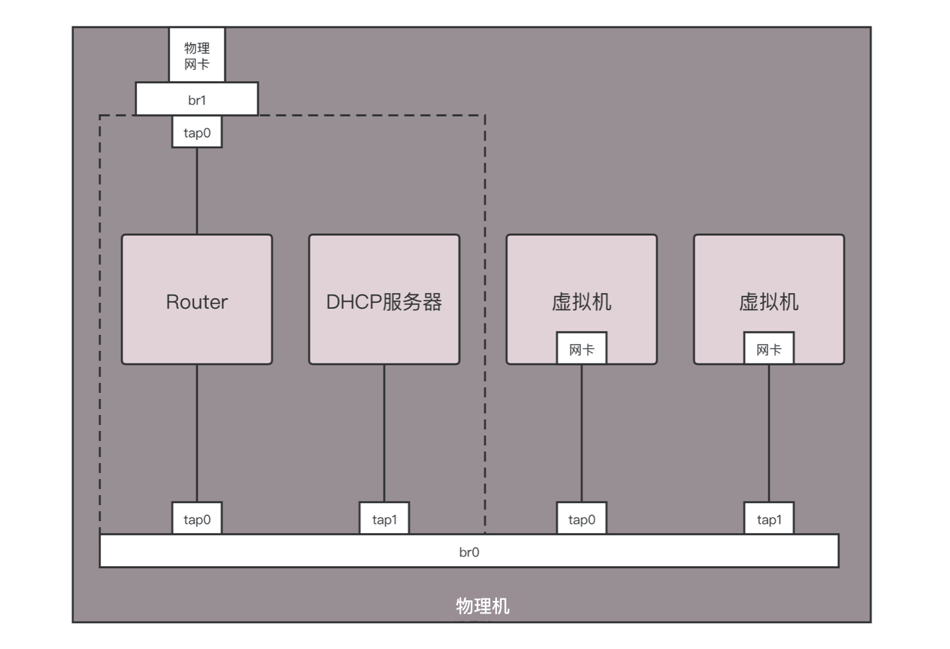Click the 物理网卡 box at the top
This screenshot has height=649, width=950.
(x=196, y=55)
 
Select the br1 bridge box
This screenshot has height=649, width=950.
(x=196, y=99)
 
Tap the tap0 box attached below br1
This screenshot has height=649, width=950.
(x=196, y=132)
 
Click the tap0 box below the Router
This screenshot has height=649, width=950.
(x=196, y=519)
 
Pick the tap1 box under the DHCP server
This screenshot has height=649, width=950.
(x=384, y=519)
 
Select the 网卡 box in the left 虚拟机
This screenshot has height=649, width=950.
(x=581, y=349)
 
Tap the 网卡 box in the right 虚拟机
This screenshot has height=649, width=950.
(x=769, y=349)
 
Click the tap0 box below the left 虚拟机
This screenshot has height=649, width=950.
(x=581, y=519)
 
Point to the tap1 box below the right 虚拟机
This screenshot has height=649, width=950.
(x=769, y=519)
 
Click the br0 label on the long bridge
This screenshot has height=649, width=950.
(x=469, y=552)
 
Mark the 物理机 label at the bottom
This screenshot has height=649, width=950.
(x=482, y=606)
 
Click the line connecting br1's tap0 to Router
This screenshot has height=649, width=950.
(x=196, y=190)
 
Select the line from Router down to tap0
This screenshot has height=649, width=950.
(x=196, y=433)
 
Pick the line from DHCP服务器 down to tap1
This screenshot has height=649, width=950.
(x=384, y=433)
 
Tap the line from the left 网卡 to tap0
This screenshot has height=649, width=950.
(x=581, y=433)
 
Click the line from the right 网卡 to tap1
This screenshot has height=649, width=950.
(x=769, y=433)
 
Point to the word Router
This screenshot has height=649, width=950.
(x=196, y=302)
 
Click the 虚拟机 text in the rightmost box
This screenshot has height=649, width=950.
(x=769, y=302)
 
